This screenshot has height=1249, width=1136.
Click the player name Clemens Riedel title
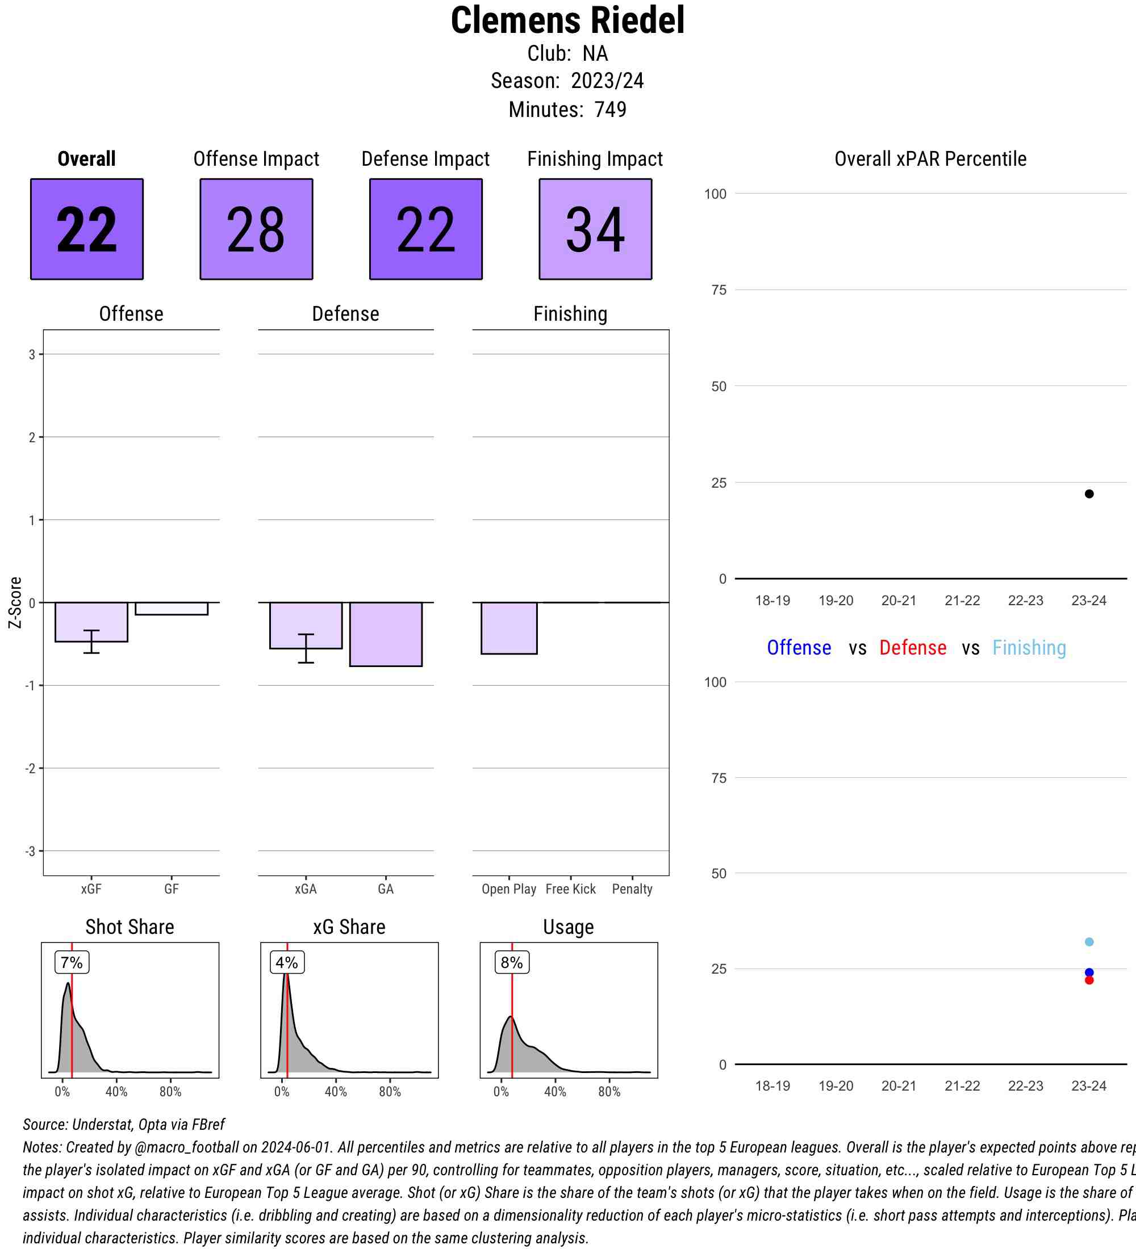coord(567,20)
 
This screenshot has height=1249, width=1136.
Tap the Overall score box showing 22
coord(87,229)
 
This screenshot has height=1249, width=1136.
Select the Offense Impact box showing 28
coord(256,229)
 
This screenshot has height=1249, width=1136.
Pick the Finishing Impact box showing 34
coord(595,229)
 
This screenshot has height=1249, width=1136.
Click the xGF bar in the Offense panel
coord(91,622)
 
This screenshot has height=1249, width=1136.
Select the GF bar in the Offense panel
coord(172,609)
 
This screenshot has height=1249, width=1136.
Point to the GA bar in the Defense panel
coord(386,634)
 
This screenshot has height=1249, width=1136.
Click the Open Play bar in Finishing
coord(509,627)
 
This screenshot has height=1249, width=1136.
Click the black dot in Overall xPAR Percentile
coord(1089,494)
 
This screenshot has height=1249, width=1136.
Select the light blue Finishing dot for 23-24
coord(1089,942)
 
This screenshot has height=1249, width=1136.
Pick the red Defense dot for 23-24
coord(1089,980)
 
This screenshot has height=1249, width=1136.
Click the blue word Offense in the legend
coord(799,647)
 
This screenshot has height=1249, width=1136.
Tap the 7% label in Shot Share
coord(72,962)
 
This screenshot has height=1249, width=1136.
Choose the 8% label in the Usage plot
coord(512,962)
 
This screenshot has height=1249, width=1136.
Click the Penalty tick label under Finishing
coord(632,889)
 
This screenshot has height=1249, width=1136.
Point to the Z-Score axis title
coord(15,602)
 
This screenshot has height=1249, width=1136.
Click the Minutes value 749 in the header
coord(611,110)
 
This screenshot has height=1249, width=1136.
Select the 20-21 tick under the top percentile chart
coord(899,600)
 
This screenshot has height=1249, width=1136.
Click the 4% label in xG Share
coord(287,962)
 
